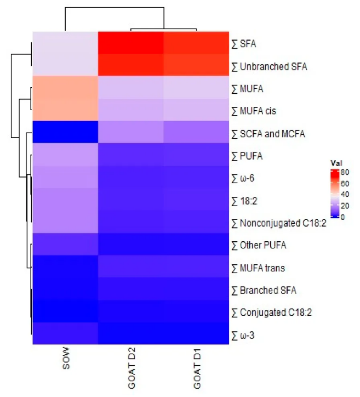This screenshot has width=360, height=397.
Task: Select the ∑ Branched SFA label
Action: [264, 290]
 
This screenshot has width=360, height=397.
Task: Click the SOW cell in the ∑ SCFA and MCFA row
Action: [65, 134]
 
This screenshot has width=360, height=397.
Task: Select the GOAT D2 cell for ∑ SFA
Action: [130, 43]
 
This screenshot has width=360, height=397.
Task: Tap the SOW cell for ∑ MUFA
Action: [65, 87]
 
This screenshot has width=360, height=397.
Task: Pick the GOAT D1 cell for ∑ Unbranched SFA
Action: [196, 66]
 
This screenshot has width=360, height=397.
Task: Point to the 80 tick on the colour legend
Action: [346, 172]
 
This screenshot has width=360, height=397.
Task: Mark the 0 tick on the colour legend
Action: [344, 217]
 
